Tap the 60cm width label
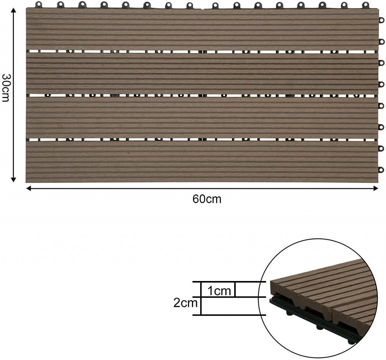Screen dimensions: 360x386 [207, 199]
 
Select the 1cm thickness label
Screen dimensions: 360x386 [219, 291]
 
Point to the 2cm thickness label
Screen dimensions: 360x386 [185, 303]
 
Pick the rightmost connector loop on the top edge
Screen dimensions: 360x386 [366, 5]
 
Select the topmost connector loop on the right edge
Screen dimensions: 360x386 [381, 20]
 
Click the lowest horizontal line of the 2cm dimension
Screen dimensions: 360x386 [229, 315]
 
